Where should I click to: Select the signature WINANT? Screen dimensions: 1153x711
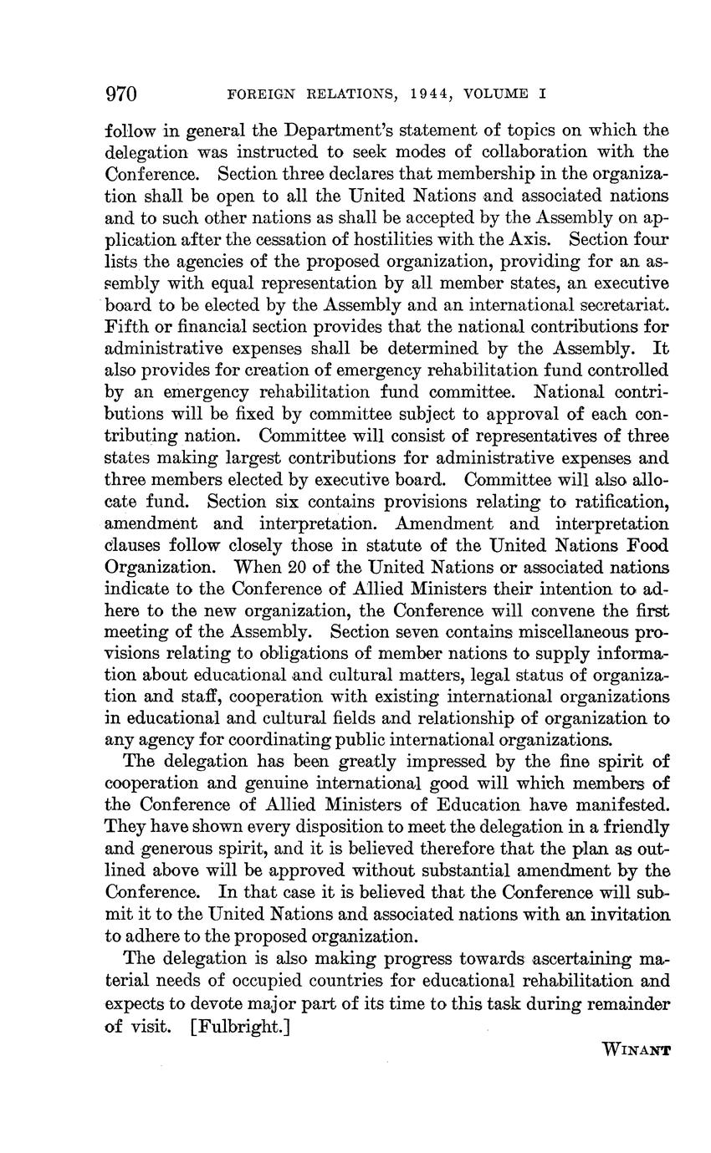[636, 1049]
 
